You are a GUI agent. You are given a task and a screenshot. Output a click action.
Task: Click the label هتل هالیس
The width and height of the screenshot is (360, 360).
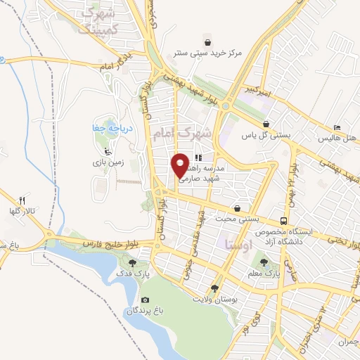335,138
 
